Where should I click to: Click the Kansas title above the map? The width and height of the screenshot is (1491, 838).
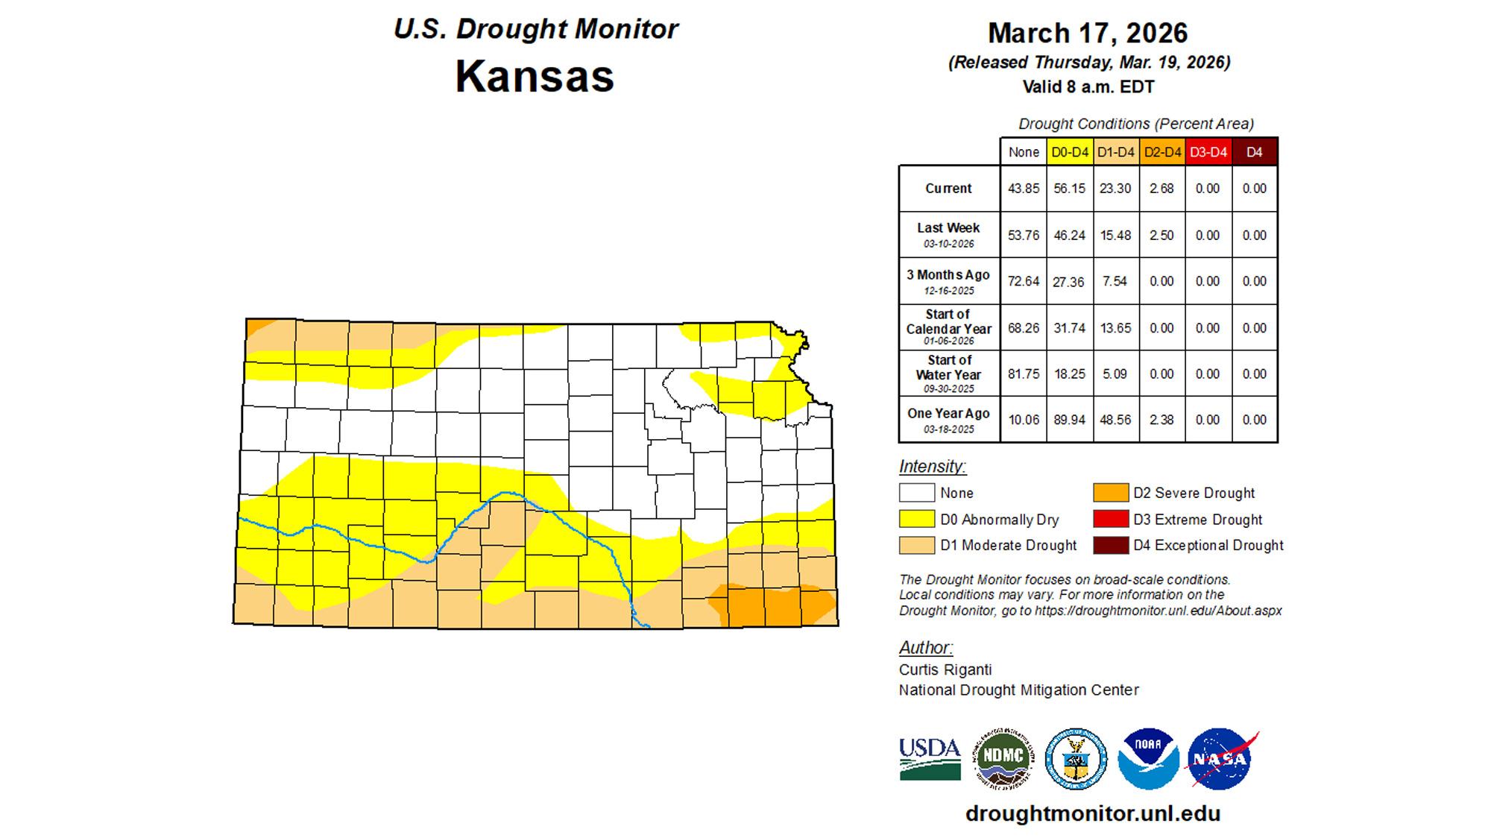(535, 76)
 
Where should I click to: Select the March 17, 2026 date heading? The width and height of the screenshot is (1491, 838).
(1088, 33)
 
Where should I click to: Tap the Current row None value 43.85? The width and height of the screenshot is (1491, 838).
(1023, 189)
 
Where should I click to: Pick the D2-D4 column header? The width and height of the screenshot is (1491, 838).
(1162, 152)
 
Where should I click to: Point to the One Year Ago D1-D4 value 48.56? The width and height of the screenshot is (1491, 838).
(1115, 420)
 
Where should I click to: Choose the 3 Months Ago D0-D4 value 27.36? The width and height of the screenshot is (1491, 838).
(1069, 282)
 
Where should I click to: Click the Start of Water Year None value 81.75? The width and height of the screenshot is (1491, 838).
(1023, 374)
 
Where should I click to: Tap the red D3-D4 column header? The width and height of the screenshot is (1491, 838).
(1208, 152)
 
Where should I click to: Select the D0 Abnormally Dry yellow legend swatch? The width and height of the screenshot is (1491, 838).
(916, 519)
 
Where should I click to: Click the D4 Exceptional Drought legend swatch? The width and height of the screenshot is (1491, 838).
(1110, 545)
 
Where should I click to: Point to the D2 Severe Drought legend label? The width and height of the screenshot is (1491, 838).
(1194, 493)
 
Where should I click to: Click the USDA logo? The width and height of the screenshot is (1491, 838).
(930, 759)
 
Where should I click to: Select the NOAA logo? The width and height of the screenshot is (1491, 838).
(1148, 759)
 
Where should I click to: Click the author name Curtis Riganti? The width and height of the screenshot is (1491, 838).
(945, 670)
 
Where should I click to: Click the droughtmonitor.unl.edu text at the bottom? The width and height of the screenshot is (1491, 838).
(1093, 813)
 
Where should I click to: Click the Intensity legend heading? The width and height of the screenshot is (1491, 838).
(932, 467)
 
